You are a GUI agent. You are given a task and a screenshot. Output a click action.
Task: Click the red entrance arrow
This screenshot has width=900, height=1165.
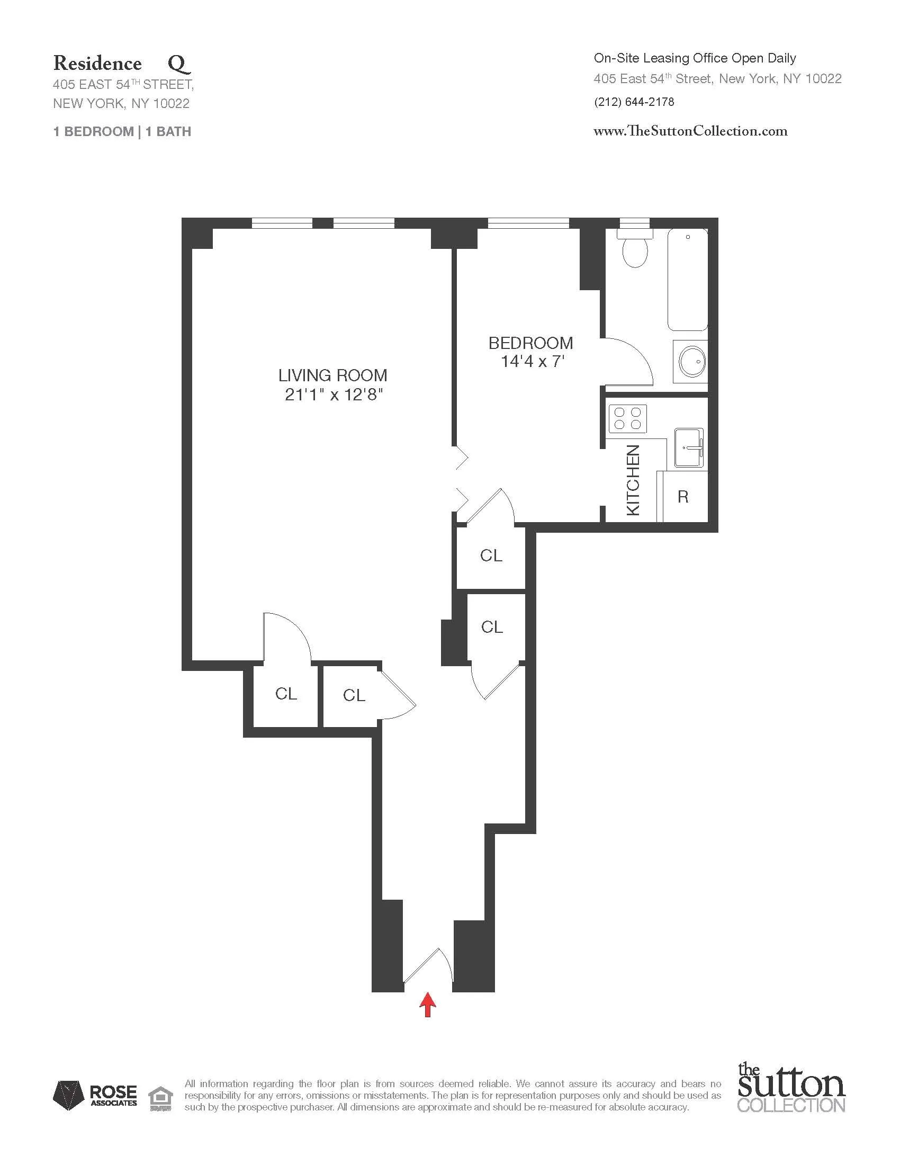coord(427,1005)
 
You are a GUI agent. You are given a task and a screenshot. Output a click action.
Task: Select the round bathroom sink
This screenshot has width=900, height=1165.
coord(691,362)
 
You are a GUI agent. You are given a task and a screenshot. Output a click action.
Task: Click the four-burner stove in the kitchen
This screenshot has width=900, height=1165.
coord(627,418)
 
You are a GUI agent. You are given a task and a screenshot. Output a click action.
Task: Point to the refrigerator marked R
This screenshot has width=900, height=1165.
coord(683,497)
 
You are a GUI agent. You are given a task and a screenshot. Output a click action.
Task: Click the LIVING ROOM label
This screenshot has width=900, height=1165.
coord(332,375)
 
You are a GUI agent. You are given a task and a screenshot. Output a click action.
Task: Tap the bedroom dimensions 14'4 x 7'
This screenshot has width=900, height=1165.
coord(532,362)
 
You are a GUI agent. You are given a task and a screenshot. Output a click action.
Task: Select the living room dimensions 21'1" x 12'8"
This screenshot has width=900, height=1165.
coord(334,395)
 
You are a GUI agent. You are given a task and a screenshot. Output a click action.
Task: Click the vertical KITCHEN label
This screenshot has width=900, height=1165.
coord(632,480)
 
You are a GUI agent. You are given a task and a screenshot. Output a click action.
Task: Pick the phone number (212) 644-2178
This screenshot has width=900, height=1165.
coord(634,102)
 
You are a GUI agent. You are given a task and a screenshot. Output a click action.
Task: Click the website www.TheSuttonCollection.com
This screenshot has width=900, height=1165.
coord(690,131)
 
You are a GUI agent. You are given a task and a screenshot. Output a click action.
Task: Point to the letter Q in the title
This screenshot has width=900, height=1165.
coord(179,64)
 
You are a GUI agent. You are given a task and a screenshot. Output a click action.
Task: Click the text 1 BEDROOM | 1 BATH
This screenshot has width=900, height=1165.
coord(122,132)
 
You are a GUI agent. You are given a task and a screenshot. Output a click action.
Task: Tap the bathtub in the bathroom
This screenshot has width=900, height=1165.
coord(688,280)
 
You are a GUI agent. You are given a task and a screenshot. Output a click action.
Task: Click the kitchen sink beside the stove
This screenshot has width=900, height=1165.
coord(689,447)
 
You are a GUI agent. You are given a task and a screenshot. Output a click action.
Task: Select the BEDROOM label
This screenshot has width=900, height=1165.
coord(530,343)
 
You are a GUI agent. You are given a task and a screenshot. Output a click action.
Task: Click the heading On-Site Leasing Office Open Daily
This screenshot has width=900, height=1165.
coord(695,58)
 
